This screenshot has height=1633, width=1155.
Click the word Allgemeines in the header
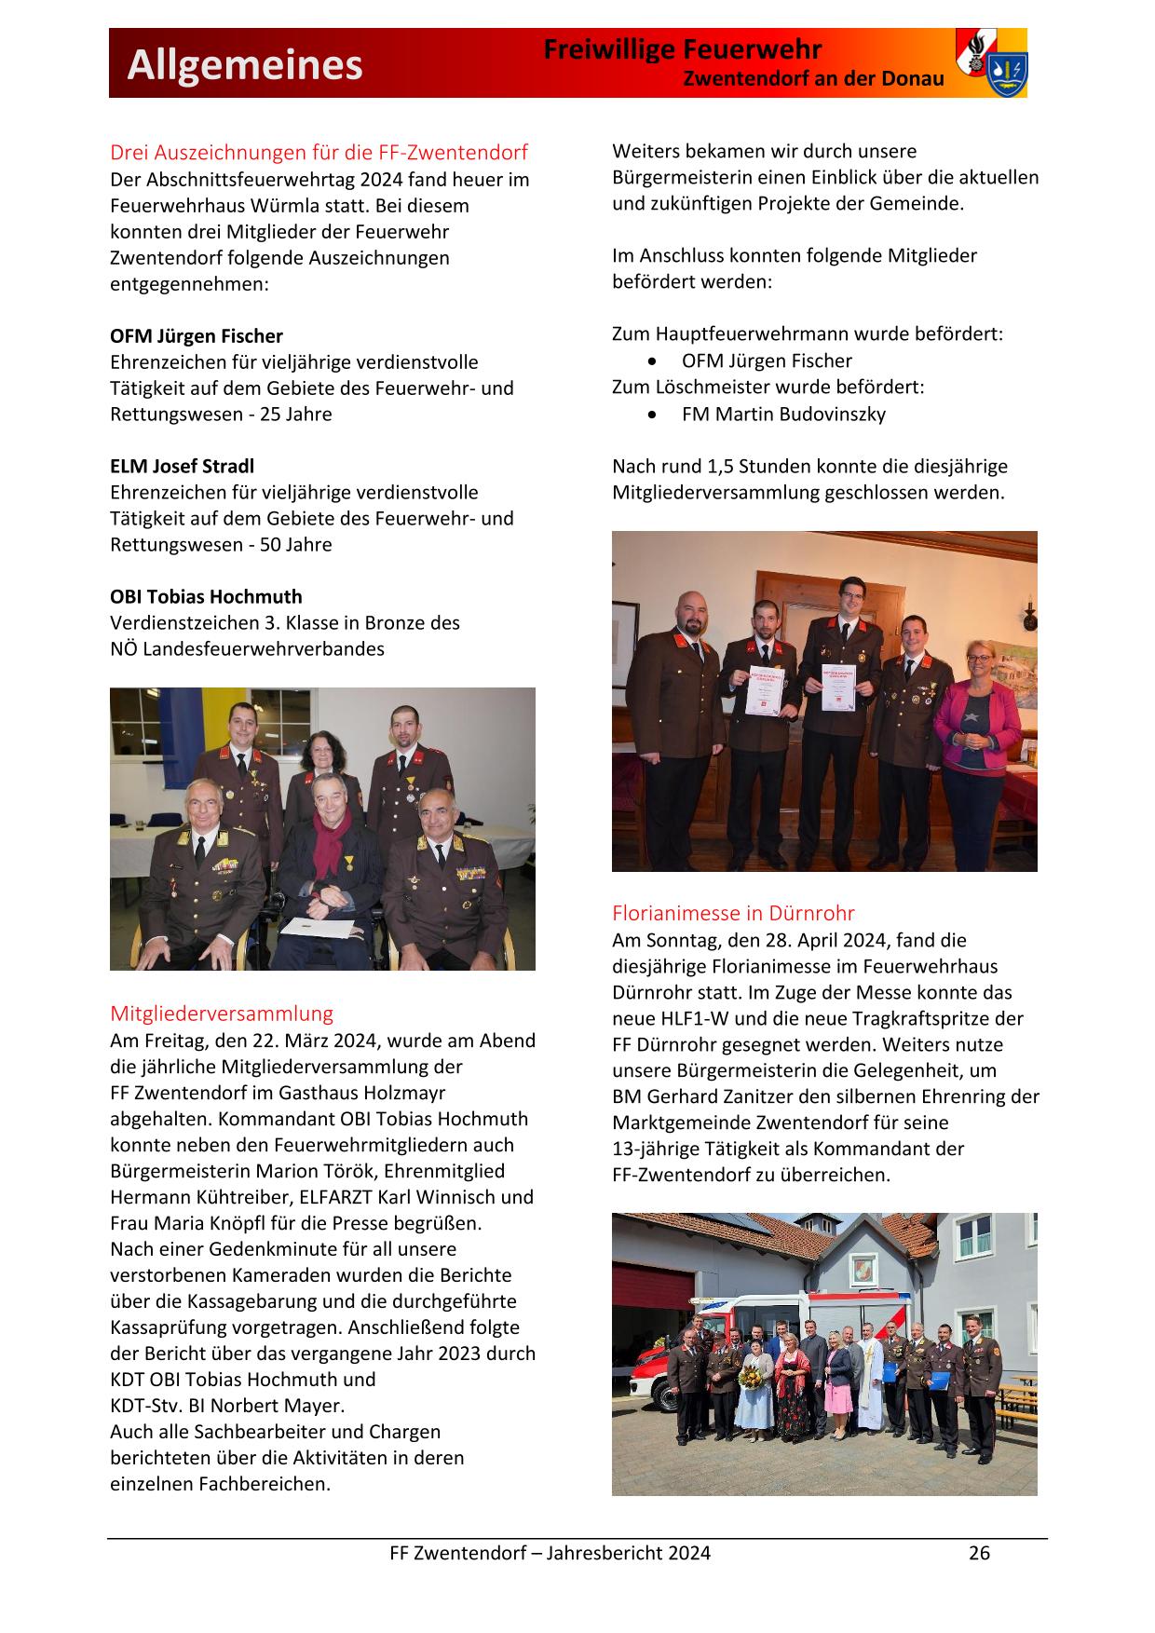click(x=245, y=66)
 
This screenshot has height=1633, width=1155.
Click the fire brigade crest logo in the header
click(x=991, y=62)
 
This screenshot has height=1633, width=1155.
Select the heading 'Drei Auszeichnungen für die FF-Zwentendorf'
click(x=319, y=152)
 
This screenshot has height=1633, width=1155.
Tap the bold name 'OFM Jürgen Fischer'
click(x=197, y=336)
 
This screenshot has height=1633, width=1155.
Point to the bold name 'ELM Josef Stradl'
click(x=182, y=467)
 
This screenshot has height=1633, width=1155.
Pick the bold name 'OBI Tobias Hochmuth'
click(x=206, y=597)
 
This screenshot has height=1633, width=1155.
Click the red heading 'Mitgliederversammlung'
click(x=222, y=1014)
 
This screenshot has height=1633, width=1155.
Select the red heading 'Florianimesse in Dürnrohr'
click(x=733, y=913)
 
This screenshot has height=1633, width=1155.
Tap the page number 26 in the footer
click(x=979, y=1553)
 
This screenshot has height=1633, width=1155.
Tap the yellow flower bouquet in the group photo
click(x=751, y=1377)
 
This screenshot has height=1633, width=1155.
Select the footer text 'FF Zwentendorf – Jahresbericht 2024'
click(x=550, y=1553)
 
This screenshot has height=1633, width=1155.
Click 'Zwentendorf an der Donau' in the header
click(x=813, y=79)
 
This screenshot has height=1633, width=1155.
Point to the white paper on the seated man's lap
click(x=319, y=926)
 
